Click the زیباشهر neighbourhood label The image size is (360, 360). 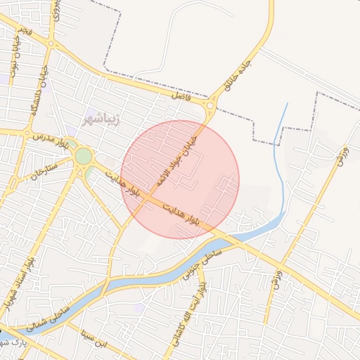pos(103,117)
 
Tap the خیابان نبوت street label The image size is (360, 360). pos(14,60)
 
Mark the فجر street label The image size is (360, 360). pos(26,32)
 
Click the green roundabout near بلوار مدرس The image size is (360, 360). pos(84,155)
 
